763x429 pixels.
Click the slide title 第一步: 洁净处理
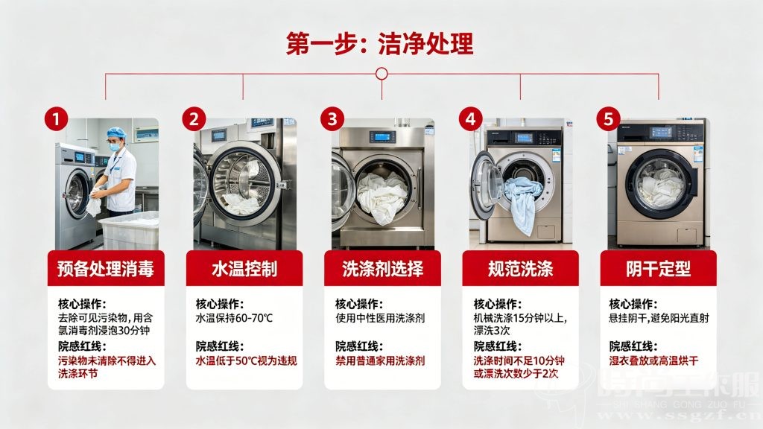coord(380,43)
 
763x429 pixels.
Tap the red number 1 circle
coord(56,118)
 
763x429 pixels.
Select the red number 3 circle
coord(332,118)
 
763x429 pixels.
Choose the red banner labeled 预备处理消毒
coord(105,269)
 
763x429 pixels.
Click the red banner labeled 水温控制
coord(244,269)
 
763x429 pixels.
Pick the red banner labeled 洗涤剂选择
coord(382,269)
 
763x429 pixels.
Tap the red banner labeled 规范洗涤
coord(520,269)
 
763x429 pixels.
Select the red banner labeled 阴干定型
coord(659,269)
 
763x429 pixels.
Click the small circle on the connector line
coord(381,74)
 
